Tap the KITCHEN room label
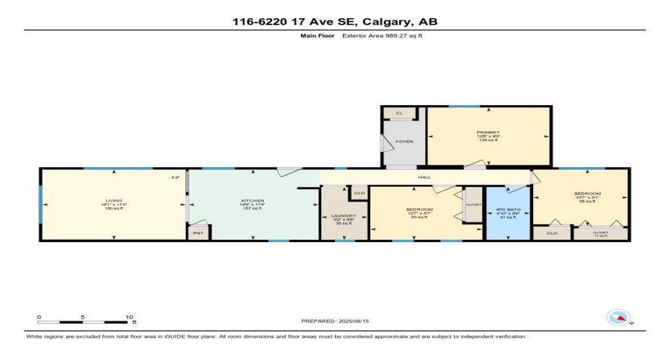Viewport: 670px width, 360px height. (253, 200)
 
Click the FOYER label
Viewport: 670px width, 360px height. (405, 141)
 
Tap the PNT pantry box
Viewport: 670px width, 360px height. (199, 233)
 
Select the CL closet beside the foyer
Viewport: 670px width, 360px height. (398, 113)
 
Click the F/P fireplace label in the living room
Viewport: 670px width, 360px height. (175, 177)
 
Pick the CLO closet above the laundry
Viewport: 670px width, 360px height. (359, 193)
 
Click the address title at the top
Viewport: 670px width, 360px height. (335, 22)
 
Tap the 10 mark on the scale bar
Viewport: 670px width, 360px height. (130, 316)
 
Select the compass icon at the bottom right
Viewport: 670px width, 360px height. (619, 318)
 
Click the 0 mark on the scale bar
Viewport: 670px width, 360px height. (39, 316)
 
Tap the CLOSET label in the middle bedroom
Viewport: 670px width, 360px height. (473, 204)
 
